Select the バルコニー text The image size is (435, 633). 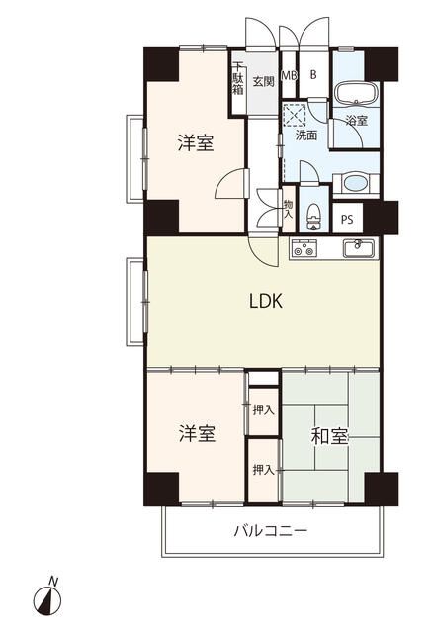point(270,531)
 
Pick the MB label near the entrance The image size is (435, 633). point(290,75)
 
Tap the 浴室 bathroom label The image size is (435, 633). point(356,122)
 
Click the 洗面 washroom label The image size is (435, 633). point(305,136)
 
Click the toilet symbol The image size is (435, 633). point(313,213)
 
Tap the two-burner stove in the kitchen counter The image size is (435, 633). point(304,248)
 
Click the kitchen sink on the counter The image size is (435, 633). point(354,245)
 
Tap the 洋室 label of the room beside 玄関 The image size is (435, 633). point(196,144)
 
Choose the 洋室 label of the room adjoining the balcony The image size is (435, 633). point(196,433)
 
